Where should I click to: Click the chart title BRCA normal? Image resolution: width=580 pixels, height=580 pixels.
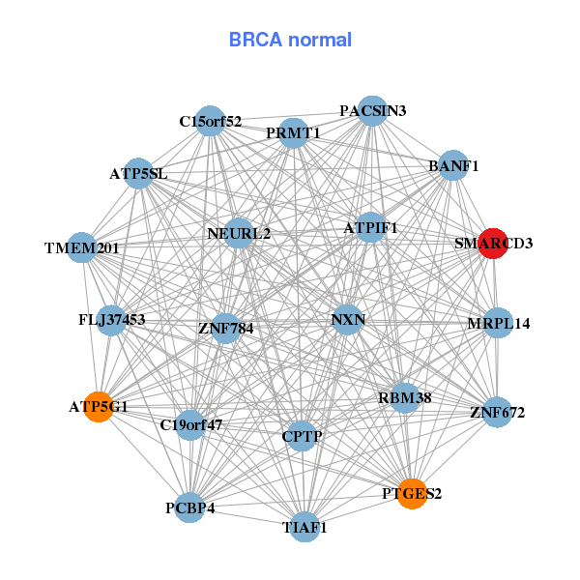click(290, 40)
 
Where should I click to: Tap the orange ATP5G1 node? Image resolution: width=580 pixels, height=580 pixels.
click(99, 406)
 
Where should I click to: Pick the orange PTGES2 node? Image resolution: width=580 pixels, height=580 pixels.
click(412, 494)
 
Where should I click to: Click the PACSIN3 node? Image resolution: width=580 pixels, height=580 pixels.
click(373, 111)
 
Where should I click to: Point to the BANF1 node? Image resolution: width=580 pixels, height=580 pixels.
click(453, 165)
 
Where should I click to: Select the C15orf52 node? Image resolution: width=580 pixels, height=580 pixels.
click(210, 122)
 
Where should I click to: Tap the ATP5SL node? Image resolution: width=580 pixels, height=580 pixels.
click(139, 174)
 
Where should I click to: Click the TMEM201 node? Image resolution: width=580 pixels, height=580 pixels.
click(82, 248)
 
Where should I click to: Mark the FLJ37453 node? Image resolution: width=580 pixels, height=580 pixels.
click(112, 320)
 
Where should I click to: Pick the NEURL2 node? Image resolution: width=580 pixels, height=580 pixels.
click(239, 233)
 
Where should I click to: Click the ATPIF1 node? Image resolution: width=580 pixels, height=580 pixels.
click(371, 228)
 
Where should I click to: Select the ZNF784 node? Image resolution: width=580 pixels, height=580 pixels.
click(225, 329)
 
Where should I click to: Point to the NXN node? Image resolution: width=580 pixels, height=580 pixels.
click(347, 320)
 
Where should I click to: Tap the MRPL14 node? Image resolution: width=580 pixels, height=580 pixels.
click(498, 323)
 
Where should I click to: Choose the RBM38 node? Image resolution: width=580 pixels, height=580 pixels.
click(404, 396)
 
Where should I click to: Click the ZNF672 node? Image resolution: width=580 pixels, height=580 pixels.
click(497, 413)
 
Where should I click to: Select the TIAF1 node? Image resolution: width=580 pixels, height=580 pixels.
click(304, 527)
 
